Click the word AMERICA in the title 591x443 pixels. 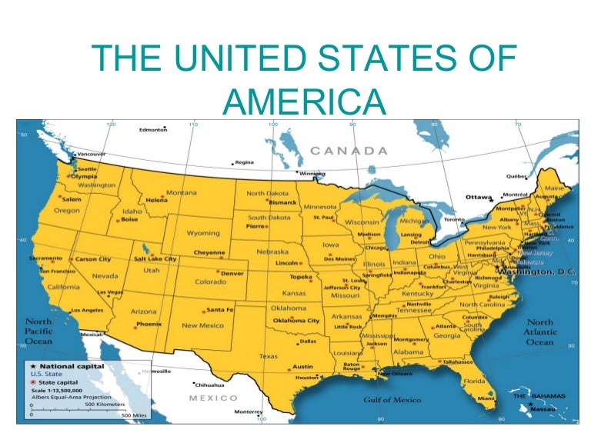302,100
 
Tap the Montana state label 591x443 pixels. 182,192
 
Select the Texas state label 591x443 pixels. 268,356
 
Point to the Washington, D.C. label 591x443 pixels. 536,272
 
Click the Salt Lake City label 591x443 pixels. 156,259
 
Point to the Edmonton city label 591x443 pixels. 152,130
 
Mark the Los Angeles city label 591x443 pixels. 86,311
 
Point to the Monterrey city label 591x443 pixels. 249,411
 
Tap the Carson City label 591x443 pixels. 92,260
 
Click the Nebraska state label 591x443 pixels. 272,251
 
